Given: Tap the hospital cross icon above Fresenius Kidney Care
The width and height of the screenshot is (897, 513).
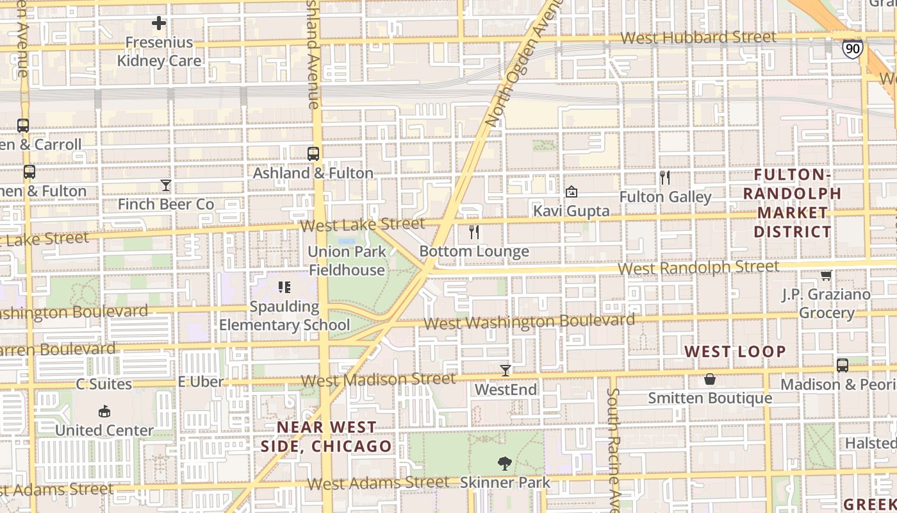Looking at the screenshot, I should (159, 24).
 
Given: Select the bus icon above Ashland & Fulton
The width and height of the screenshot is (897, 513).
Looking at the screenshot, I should (313, 154).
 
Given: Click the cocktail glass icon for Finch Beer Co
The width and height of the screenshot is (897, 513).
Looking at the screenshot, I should (166, 186).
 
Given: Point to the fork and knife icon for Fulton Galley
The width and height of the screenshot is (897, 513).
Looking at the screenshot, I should (665, 178).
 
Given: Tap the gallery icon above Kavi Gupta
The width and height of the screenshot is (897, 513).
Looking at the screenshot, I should (572, 192).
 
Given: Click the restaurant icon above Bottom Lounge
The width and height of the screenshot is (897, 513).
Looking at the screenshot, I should (474, 232).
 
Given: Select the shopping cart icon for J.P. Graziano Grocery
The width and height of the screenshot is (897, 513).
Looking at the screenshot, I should (826, 276).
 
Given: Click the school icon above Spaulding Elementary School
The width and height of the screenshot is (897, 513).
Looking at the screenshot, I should (284, 287).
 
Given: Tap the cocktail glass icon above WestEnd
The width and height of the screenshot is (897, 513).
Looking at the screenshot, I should (506, 371).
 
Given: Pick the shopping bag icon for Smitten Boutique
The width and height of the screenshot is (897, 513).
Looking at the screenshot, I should (710, 379).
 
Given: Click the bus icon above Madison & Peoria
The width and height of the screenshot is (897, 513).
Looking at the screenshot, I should (842, 366).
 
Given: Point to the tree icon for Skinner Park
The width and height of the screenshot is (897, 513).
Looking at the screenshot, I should (505, 463).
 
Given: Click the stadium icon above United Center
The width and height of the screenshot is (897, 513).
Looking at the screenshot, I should (104, 411).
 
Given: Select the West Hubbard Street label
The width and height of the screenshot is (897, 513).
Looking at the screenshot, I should (698, 37).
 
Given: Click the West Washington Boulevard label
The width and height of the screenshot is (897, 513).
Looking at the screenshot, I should (529, 322).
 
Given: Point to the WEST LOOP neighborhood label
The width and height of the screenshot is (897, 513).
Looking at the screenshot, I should (735, 351).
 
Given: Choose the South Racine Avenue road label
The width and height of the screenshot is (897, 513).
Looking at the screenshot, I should (613, 449).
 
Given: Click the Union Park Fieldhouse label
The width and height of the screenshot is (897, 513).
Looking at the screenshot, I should (347, 261).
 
